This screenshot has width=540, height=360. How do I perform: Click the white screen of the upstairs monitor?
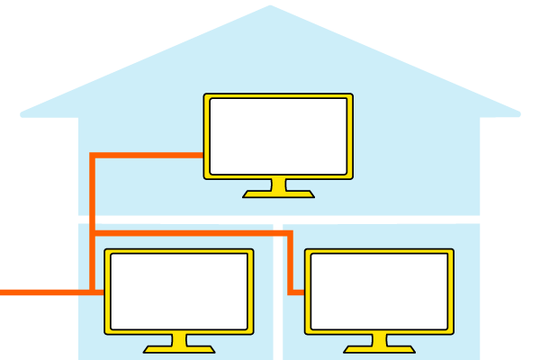pyautogui.click(x=278, y=135)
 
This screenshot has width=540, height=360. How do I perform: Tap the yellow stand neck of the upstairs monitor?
pyautogui.click(x=278, y=184)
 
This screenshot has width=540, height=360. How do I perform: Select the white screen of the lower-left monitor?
pyautogui.click(x=179, y=291)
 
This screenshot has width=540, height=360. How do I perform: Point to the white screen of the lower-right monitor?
pyautogui.click(x=379, y=291)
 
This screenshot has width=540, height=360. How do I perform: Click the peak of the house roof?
pyautogui.click(x=269, y=7)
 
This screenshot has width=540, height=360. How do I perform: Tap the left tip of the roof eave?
pyautogui.click(x=22, y=114)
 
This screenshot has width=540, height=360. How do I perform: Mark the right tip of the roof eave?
pyautogui.click(x=518, y=114)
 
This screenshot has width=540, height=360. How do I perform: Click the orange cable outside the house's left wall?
pyautogui.click(x=36, y=292)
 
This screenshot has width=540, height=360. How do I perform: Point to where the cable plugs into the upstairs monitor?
pyautogui.click(x=202, y=155)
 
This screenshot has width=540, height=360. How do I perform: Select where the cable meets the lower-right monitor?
pyautogui.click(x=303, y=292)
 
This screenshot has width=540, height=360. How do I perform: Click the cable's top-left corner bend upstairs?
pyautogui.click(x=93, y=155)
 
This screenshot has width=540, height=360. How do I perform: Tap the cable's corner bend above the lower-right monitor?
pyautogui.click(x=291, y=234)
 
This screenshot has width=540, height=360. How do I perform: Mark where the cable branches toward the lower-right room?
pyautogui.click(x=93, y=234)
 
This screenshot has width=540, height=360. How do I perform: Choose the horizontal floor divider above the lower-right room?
pyautogui.click(x=387, y=219)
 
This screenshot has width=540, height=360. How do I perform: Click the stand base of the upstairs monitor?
pyautogui.click(x=278, y=193)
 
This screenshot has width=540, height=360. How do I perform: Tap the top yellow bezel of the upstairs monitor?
pyautogui.click(x=278, y=96)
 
